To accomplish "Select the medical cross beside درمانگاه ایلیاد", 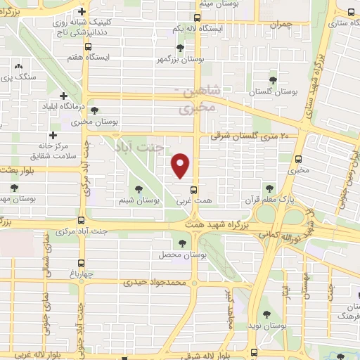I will (64, 96).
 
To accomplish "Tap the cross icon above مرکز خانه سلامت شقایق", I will (53, 134).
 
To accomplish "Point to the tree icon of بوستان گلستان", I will (274, 79).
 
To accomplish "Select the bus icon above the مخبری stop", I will (300, 158).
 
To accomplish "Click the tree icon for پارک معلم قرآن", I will (269, 188).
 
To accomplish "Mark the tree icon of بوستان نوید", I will (266, 315).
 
